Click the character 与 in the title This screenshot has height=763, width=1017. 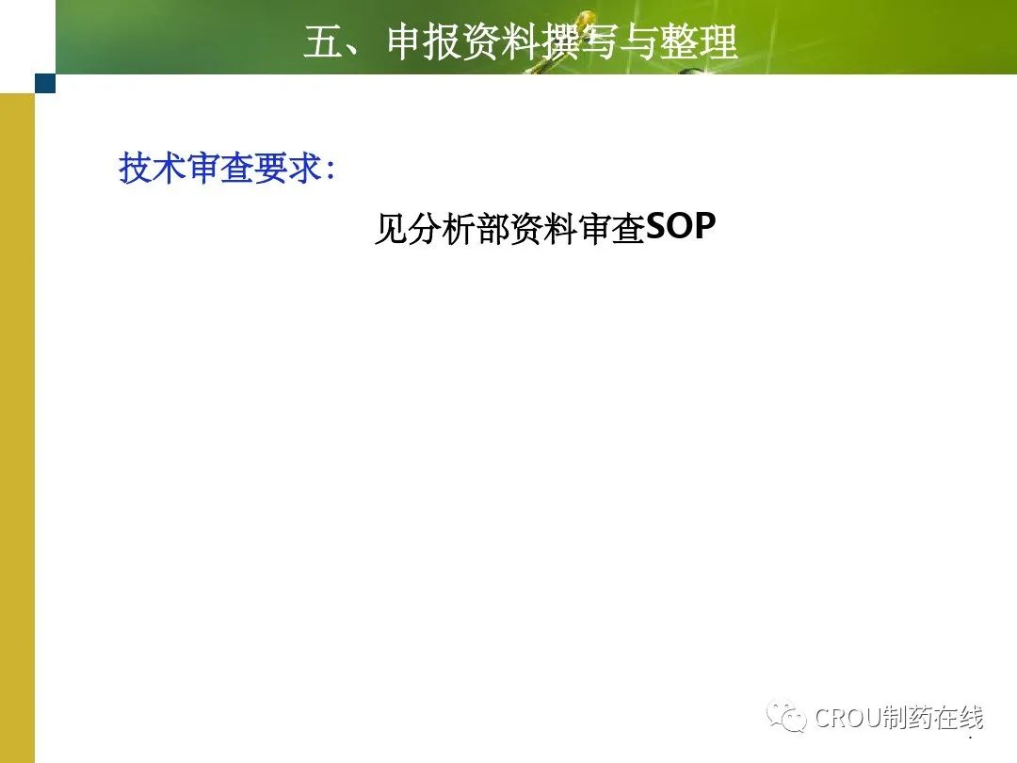point(638,42)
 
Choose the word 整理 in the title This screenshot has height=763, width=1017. point(698,42)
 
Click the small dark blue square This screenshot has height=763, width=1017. point(45,83)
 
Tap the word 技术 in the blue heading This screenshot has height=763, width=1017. point(153,169)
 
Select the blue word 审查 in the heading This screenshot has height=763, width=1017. point(219,169)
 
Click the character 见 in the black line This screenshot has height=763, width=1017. point(392,228)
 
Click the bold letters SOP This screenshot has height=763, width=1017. point(681,226)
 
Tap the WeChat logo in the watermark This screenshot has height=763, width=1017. point(786,716)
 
